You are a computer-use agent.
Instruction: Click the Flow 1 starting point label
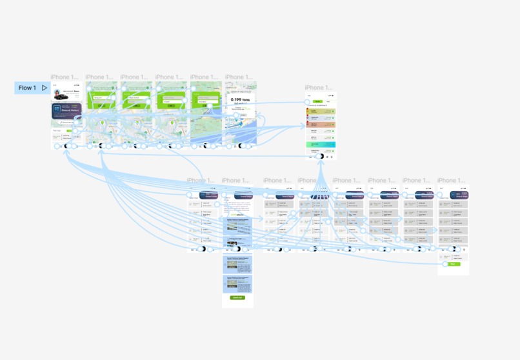(x=27, y=88)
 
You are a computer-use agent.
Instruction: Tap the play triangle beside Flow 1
(x=45, y=88)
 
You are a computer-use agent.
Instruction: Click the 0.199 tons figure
(x=239, y=100)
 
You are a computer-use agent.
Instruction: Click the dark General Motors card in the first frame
(x=66, y=111)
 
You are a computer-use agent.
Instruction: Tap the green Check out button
(x=237, y=297)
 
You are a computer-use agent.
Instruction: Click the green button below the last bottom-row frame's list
(x=453, y=264)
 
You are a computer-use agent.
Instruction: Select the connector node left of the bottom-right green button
(x=445, y=264)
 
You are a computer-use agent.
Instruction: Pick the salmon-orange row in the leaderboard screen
(x=321, y=124)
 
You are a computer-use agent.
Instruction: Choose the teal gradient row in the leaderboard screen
(x=321, y=145)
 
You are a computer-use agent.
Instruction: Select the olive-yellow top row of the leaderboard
(x=321, y=111)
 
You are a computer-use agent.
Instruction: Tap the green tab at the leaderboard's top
(x=317, y=101)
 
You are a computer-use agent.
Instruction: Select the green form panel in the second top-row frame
(x=101, y=101)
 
